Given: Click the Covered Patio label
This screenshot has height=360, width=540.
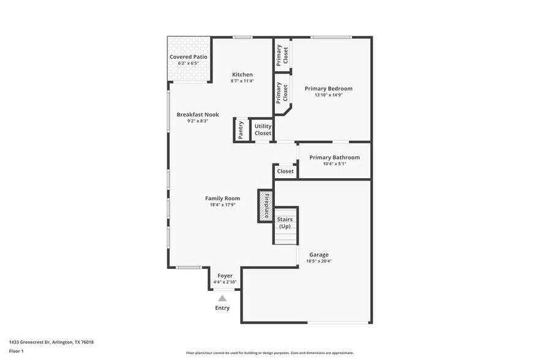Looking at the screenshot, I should (x=188, y=57).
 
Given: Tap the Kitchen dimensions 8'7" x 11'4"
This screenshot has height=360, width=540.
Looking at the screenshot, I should (x=242, y=81).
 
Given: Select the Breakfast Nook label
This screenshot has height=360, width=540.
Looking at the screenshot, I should (x=198, y=114).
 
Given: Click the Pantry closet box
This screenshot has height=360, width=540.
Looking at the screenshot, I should (x=241, y=130).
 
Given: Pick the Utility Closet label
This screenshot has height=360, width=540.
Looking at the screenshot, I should (x=263, y=130).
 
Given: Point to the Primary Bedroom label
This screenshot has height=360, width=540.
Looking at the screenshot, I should (x=328, y=89).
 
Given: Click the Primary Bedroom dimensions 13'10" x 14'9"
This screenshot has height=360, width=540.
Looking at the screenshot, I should (x=328, y=95).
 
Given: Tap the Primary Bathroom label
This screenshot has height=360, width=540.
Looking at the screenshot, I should (x=334, y=157).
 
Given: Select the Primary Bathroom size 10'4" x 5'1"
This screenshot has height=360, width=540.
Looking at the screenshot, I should (x=334, y=163).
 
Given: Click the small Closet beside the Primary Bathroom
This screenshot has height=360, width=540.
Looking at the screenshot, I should (x=285, y=171).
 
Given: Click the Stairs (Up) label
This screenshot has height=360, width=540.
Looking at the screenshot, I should (x=285, y=223).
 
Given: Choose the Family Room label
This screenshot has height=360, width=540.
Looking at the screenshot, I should (x=222, y=198).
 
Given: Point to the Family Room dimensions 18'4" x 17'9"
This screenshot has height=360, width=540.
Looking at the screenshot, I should (x=222, y=205).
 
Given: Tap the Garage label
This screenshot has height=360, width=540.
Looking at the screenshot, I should (x=318, y=255).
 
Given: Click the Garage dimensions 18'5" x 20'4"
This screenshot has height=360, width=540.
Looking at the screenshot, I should (x=318, y=261).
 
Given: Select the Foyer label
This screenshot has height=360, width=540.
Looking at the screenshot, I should (x=225, y=276).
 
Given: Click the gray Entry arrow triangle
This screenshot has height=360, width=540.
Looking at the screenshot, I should (x=222, y=298).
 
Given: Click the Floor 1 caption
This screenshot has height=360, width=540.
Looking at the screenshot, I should (x=16, y=351).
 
